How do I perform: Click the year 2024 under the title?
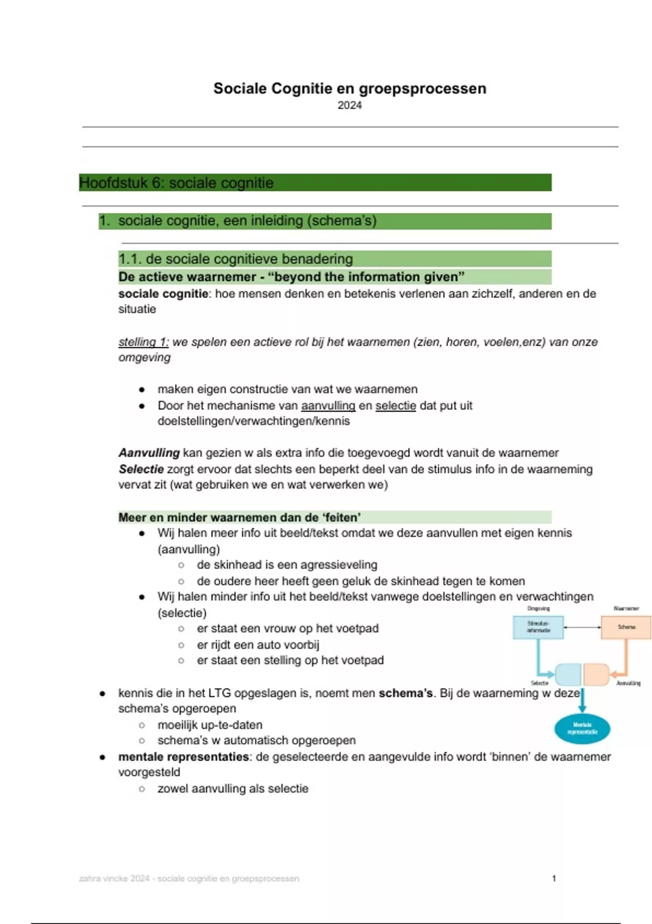click(349, 105)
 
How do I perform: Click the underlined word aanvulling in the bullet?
click(328, 406)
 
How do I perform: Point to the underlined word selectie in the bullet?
click(396, 406)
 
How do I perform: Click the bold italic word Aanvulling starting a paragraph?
click(149, 453)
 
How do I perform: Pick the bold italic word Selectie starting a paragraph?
click(141, 470)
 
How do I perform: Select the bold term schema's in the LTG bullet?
click(405, 694)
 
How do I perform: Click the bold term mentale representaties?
click(184, 757)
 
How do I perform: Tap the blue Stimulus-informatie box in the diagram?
click(538, 627)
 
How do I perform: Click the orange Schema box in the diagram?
click(626, 627)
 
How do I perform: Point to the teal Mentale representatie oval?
click(582, 728)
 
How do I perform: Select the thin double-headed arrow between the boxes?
click(582, 628)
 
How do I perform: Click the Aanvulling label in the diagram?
click(628, 683)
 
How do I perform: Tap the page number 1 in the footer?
click(554, 878)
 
